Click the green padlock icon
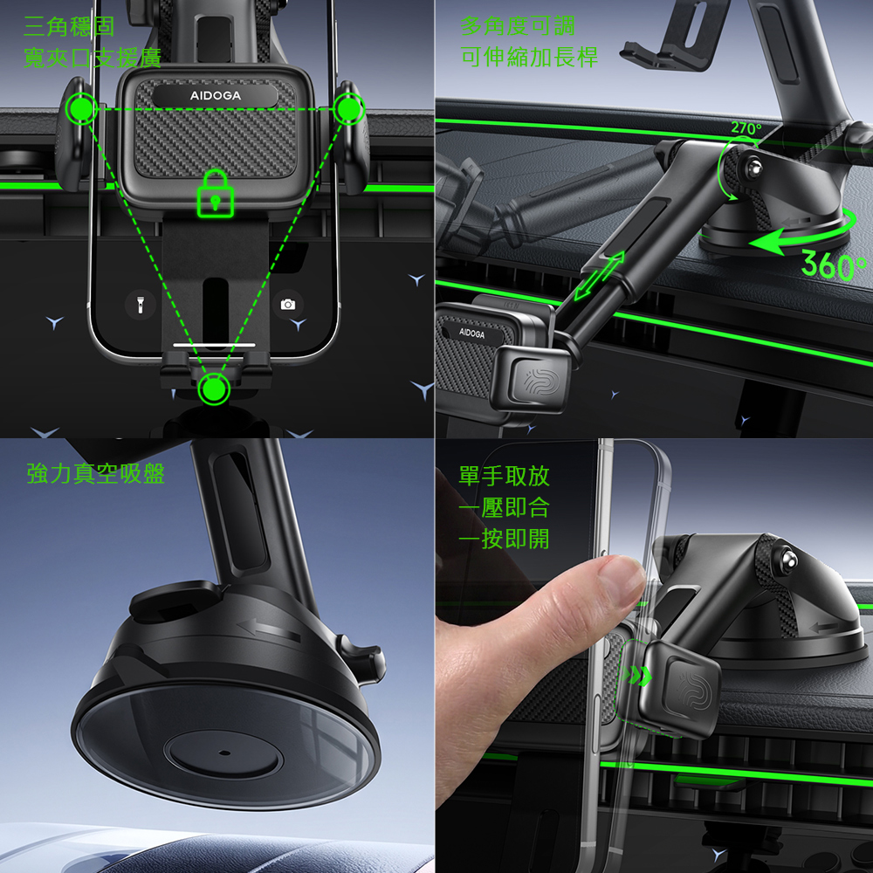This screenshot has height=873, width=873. point(216,194)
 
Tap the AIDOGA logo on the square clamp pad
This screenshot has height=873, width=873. point(216,96)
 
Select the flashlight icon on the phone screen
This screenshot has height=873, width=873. point(141,305)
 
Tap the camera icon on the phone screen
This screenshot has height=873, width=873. point(288,304)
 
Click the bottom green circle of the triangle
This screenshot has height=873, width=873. point(214,388)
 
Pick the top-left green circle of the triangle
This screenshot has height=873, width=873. point(81,108)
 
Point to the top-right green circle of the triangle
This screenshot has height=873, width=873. point(348,108)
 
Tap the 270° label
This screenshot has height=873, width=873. point(746,128)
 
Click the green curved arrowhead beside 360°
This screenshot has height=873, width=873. point(767,243)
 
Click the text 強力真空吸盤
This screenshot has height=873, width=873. point(96,474)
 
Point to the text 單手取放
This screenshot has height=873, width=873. point(505,476)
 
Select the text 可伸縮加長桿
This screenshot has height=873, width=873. point(530,57)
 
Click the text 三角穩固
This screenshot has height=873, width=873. point(69,26)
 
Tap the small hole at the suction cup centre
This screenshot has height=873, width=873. point(224,753)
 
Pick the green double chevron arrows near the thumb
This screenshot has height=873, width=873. point(637,675)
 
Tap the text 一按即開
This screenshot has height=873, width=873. point(505,539)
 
